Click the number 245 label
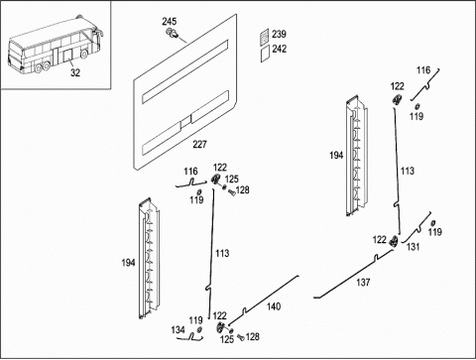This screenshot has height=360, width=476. pos(169,22)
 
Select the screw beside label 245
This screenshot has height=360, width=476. pos(172,33)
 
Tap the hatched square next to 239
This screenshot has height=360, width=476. pos(264,37)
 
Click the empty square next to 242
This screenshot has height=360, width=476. pos(265,53)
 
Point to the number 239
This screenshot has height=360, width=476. pos(279,34)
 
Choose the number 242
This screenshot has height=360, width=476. pos(280,49)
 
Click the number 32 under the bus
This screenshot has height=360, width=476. pos(75,72)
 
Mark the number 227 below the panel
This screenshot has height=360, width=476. pos(199,144)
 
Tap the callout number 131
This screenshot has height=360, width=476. pos(413,247)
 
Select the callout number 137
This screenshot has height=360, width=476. pos(363,282)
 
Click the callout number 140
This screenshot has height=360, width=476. pos(274,306)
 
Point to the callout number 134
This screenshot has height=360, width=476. pos(178,329)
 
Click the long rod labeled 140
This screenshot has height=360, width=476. pos(265,300)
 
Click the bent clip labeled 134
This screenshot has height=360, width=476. pos(191,337)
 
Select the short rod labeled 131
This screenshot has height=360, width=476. pos(417,228)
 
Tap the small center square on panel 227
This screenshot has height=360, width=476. pos(185,120)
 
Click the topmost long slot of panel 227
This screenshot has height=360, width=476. pos(185,71)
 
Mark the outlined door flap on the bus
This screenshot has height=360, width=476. pos(68,56)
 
